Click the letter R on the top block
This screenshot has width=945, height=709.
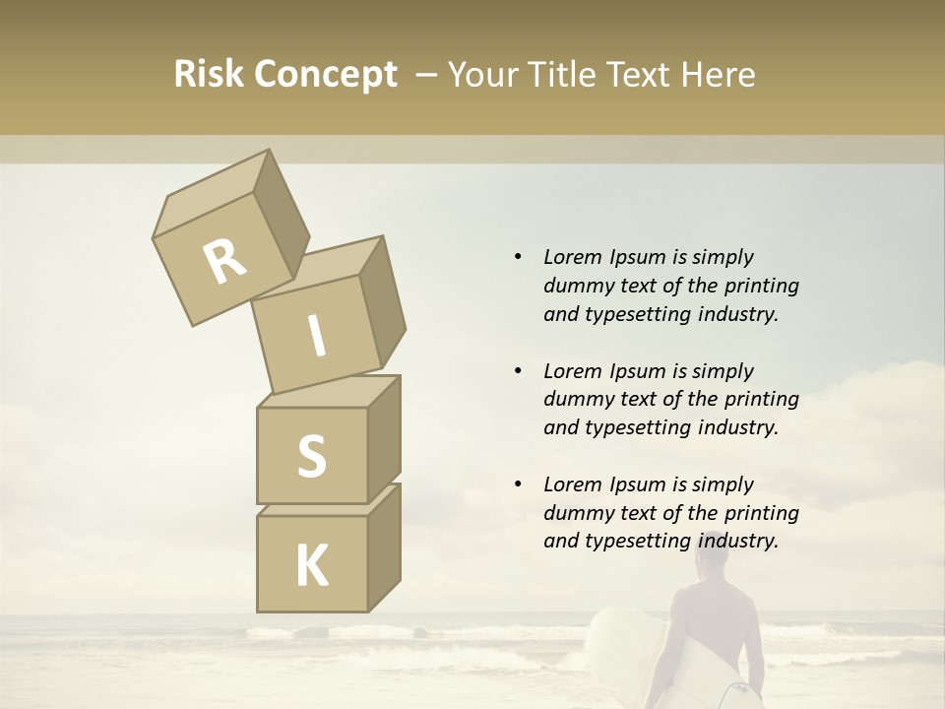coord(224,262)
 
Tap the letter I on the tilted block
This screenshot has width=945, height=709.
coord(316,337)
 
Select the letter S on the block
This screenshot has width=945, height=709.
coord(311,456)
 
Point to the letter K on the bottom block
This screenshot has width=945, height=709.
coord(311,566)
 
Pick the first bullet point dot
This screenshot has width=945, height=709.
coord(517,257)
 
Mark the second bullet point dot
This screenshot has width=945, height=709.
coord(517,371)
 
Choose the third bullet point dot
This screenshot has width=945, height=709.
coord(517,484)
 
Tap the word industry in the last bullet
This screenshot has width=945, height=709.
coord(737,541)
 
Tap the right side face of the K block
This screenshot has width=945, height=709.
coord(384,548)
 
